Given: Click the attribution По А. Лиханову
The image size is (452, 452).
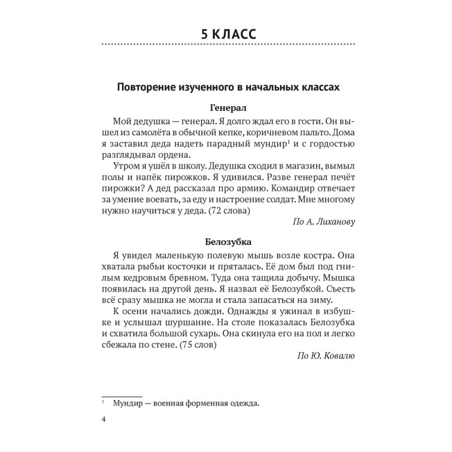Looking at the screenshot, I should (323, 222).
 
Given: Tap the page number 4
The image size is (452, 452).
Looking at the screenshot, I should (102, 419).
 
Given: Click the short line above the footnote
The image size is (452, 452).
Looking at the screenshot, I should (121, 395).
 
